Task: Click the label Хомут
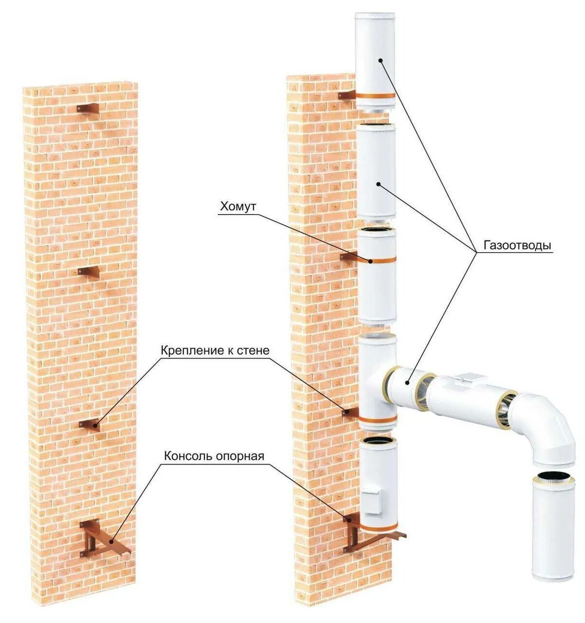238,207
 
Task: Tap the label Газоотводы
517,245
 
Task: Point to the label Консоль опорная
214,456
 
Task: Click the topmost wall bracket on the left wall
89,108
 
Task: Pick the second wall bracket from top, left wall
90,272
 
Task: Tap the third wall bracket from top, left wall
90,424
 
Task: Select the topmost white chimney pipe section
375,54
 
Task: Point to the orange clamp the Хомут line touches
377,260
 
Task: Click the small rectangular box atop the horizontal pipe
470,377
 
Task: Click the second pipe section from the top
376,173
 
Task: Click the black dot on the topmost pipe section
381,60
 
